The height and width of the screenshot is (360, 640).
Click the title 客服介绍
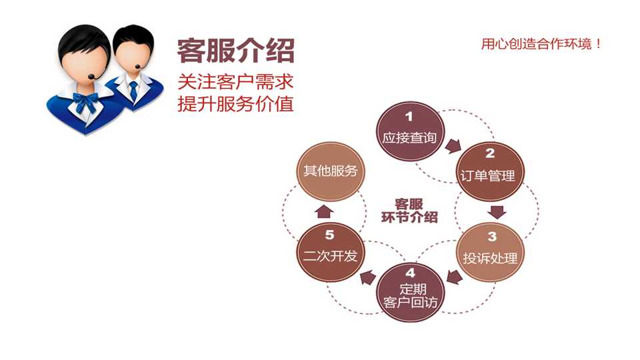click(235, 51)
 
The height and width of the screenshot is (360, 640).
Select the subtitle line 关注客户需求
click(235, 81)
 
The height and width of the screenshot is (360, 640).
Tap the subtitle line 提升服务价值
click(235, 103)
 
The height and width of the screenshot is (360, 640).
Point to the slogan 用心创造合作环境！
click(541, 44)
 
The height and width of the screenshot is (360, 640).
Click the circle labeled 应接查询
click(409, 131)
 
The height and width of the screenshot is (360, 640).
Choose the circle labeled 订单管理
click(489, 171)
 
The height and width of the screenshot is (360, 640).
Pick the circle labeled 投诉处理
click(489, 252)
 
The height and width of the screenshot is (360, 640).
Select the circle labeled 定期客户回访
click(409, 292)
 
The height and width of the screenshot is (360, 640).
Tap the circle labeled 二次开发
click(330, 252)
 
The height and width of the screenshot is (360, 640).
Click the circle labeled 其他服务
click(330, 171)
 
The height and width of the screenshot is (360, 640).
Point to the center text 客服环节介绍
click(409, 211)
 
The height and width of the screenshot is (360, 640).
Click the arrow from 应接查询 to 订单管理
click(453, 146)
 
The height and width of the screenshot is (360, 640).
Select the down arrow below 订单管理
click(497, 212)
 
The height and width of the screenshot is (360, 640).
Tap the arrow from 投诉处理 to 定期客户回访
click(454, 277)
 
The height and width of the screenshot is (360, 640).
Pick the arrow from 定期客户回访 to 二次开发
click(368, 277)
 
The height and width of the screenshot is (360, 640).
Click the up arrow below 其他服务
click(325, 211)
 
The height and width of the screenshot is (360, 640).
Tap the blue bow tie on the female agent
click(85, 101)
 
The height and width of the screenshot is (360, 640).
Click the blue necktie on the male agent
click(133, 90)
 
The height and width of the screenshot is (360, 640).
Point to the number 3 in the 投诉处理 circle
click(492, 237)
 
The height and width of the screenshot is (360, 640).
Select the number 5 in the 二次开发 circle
click(329, 235)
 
